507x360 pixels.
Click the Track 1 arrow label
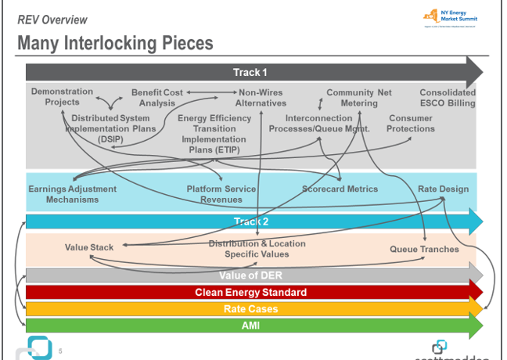(x=250, y=73)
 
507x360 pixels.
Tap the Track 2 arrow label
(x=250, y=221)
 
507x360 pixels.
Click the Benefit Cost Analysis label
(x=157, y=98)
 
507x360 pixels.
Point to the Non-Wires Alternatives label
(x=261, y=98)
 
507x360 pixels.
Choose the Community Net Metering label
(x=359, y=98)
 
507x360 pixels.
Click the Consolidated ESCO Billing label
(x=447, y=98)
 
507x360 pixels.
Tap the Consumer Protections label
(x=411, y=124)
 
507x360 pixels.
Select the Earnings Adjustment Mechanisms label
(x=72, y=194)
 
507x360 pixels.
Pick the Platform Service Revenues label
(x=221, y=194)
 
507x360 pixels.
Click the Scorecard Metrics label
(x=340, y=189)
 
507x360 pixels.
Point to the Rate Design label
(x=444, y=189)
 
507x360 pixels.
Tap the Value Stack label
(x=89, y=248)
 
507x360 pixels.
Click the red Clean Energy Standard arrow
(x=250, y=293)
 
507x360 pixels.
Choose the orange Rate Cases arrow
(x=250, y=309)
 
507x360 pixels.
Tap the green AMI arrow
(x=250, y=326)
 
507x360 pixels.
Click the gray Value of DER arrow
(x=250, y=275)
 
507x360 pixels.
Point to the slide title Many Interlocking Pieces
(x=115, y=43)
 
